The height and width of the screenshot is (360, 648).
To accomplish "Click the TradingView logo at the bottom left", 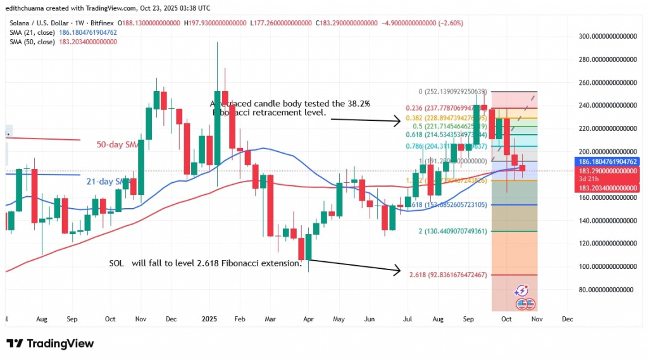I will (x=50, y=344).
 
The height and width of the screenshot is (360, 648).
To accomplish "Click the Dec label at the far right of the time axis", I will (x=566, y=320).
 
